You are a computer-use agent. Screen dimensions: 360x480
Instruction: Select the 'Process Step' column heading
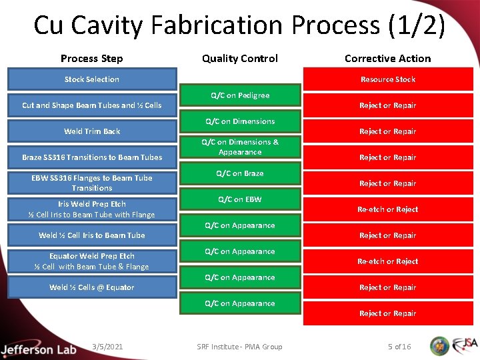click(92, 59)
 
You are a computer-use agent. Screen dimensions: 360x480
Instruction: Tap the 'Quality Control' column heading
click(240, 59)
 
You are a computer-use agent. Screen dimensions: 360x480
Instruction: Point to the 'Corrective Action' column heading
click(387, 59)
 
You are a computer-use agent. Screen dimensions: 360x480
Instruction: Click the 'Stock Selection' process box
click(92, 79)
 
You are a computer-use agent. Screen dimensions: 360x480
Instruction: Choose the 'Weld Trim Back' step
click(92, 131)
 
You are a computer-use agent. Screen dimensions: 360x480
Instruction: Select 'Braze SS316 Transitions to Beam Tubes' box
click(92, 157)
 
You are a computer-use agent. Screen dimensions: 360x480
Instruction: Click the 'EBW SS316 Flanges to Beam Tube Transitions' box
click(92, 183)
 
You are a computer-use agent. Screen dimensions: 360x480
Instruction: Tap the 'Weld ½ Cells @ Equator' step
click(92, 287)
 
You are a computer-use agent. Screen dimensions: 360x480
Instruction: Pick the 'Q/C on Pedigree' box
click(240, 95)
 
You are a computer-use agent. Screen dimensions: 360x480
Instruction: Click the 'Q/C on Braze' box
click(240, 173)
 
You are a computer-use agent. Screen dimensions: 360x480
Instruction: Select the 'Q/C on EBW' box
click(240, 199)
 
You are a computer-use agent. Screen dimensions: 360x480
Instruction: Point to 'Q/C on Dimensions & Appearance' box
click(240, 147)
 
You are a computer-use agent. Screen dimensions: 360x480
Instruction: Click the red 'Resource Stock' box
click(387, 79)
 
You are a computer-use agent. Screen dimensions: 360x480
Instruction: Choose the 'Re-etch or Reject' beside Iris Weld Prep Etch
click(387, 209)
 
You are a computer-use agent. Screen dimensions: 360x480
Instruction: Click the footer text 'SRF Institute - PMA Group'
click(240, 346)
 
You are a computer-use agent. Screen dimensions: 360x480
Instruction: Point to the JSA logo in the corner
click(464, 345)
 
